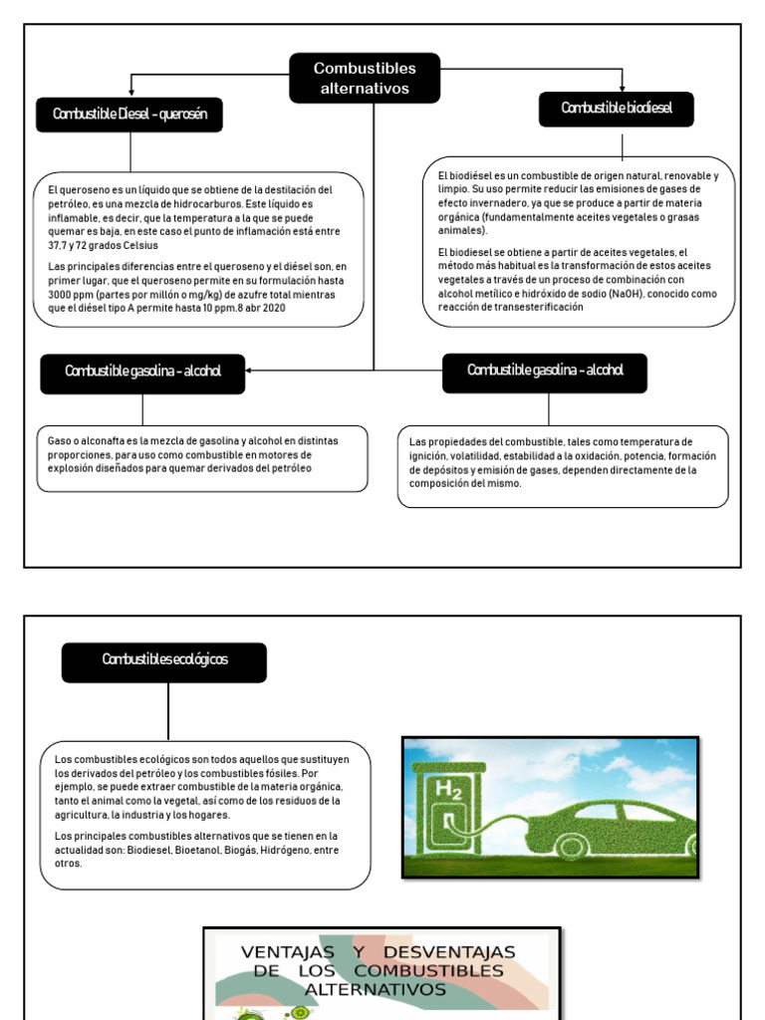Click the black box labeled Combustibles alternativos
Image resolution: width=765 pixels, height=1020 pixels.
pyautogui.click(x=365, y=79)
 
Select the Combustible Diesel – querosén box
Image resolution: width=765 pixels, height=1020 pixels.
pyautogui.click(x=129, y=115)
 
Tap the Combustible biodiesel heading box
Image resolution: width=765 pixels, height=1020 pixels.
pyautogui.click(x=617, y=109)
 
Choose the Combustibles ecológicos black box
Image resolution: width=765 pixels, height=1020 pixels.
pyautogui.click(x=164, y=661)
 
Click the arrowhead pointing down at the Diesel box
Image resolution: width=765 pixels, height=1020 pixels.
pyautogui.click(x=130, y=93)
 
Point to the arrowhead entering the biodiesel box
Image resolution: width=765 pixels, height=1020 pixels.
pyautogui.click(x=623, y=88)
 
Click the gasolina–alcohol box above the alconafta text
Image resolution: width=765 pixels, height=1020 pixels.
pyautogui.click(x=142, y=372)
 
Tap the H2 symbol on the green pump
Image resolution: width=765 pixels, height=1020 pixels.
pyautogui.click(x=448, y=792)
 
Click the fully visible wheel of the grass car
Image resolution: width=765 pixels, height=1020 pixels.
pyautogui.click(x=572, y=848)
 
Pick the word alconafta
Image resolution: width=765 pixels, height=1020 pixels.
pyautogui.click(x=95, y=440)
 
